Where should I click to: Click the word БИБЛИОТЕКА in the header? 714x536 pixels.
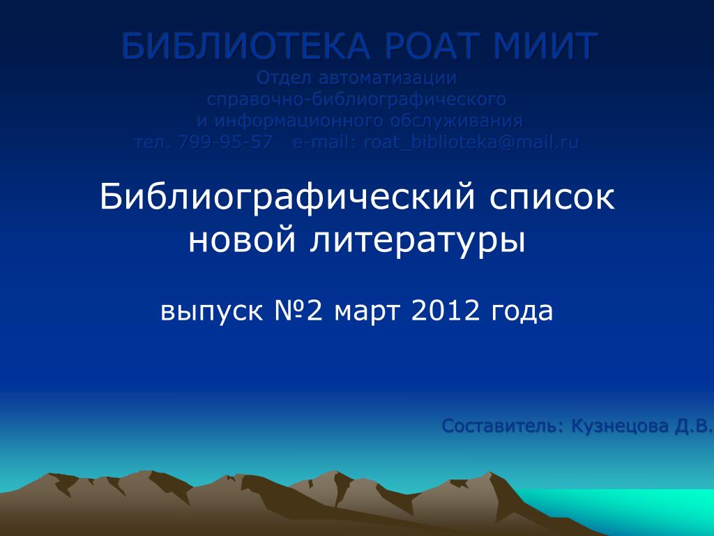(x=245, y=46)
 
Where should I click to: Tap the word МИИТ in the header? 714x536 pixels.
(x=545, y=46)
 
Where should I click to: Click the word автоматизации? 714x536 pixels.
(x=388, y=78)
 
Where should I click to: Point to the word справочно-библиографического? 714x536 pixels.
(x=356, y=99)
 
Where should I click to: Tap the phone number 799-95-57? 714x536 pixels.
(x=225, y=142)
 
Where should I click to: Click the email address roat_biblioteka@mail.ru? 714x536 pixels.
(x=471, y=142)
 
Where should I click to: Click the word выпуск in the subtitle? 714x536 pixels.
(x=212, y=311)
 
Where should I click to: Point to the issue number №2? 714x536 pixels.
(x=298, y=311)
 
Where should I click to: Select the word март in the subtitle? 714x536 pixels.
(x=367, y=311)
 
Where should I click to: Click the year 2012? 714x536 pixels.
(x=446, y=311)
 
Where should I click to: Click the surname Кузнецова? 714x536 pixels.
(x=620, y=426)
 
